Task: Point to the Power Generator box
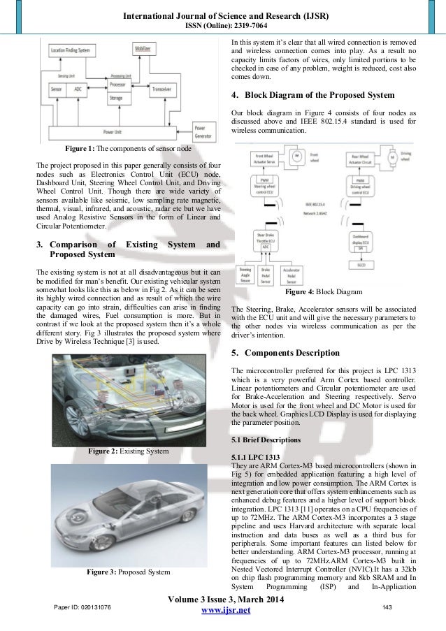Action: [x=205, y=133]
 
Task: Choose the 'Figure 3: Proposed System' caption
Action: [x=128, y=572]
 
